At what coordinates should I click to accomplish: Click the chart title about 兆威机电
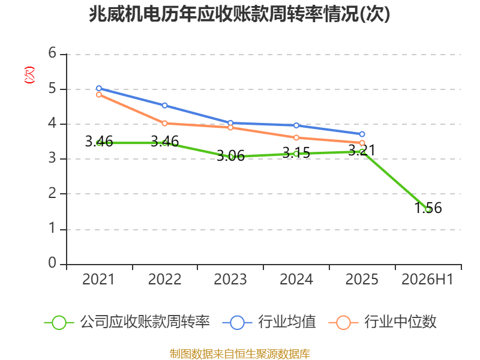pos(239,14)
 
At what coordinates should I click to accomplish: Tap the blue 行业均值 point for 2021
pos(99,88)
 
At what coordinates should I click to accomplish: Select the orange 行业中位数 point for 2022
pos(164,124)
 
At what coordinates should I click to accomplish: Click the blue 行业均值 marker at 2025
pos(362,134)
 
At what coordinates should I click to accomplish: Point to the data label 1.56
pos(428,208)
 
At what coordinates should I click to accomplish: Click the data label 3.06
pos(230,156)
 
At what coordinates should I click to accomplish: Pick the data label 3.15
pos(296,152)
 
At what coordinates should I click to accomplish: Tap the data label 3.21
pos(362,151)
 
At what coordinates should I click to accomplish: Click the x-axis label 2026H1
pos(427,280)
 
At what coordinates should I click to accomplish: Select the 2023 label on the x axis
pos(230,280)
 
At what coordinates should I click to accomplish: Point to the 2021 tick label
pos(98,280)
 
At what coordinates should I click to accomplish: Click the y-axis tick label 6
pos(52,53)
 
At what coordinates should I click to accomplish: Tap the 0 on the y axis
pos(52,263)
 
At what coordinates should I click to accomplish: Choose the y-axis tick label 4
pos(52,124)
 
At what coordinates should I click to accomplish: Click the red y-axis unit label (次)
pos(29,75)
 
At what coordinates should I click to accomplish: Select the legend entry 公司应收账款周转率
pos(127,322)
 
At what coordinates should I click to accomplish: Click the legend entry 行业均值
pos(269,322)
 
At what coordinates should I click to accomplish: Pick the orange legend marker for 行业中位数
pos(343,323)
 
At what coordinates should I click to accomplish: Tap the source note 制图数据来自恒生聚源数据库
pos(240,354)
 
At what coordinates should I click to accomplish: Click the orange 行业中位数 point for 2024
pos(296,138)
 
